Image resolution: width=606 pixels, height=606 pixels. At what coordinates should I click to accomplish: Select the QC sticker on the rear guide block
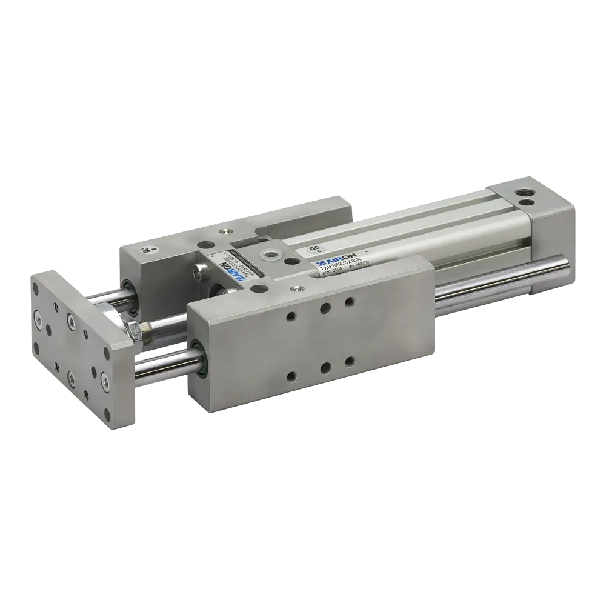click(x=146, y=250)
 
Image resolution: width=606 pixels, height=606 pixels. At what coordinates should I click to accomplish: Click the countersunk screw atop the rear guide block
click(x=225, y=231)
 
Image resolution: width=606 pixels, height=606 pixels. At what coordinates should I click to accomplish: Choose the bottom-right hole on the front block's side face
click(x=349, y=361)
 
